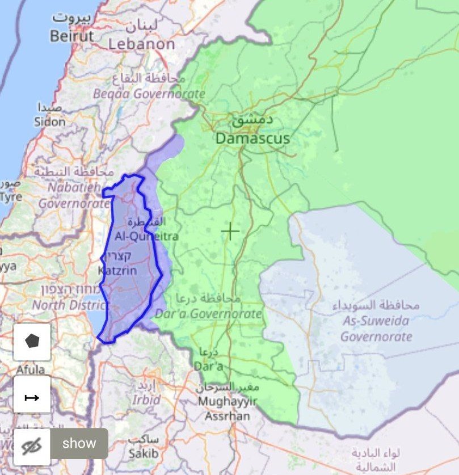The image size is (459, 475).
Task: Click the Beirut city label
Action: pyautogui.click(x=71, y=36)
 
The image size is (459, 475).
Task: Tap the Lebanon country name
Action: pyautogui.click(x=142, y=44)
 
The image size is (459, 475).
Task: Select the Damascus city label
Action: pyautogui.click(x=252, y=138)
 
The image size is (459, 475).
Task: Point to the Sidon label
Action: pyautogui.click(x=50, y=121)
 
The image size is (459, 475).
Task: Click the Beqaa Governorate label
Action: pyautogui.click(x=149, y=94)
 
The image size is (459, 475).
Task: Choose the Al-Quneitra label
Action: pyautogui.click(x=146, y=236)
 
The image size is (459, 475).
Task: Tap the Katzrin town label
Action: pyautogui.click(x=117, y=271)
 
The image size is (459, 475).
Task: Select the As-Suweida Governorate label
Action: pyautogui.click(x=376, y=329)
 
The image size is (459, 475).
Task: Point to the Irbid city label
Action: pyautogui.click(x=146, y=399)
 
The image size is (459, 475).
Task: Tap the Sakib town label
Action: pyautogui.click(x=143, y=453)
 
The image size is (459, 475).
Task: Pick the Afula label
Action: pyautogui.click(x=31, y=370)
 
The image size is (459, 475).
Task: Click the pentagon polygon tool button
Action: pyautogui.click(x=32, y=342)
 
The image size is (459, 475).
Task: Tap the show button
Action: pyautogui.click(x=79, y=443)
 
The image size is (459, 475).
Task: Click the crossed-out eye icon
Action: pyautogui.click(x=32, y=447)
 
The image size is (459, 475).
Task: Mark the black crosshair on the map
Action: pyautogui.click(x=230, y=231)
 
